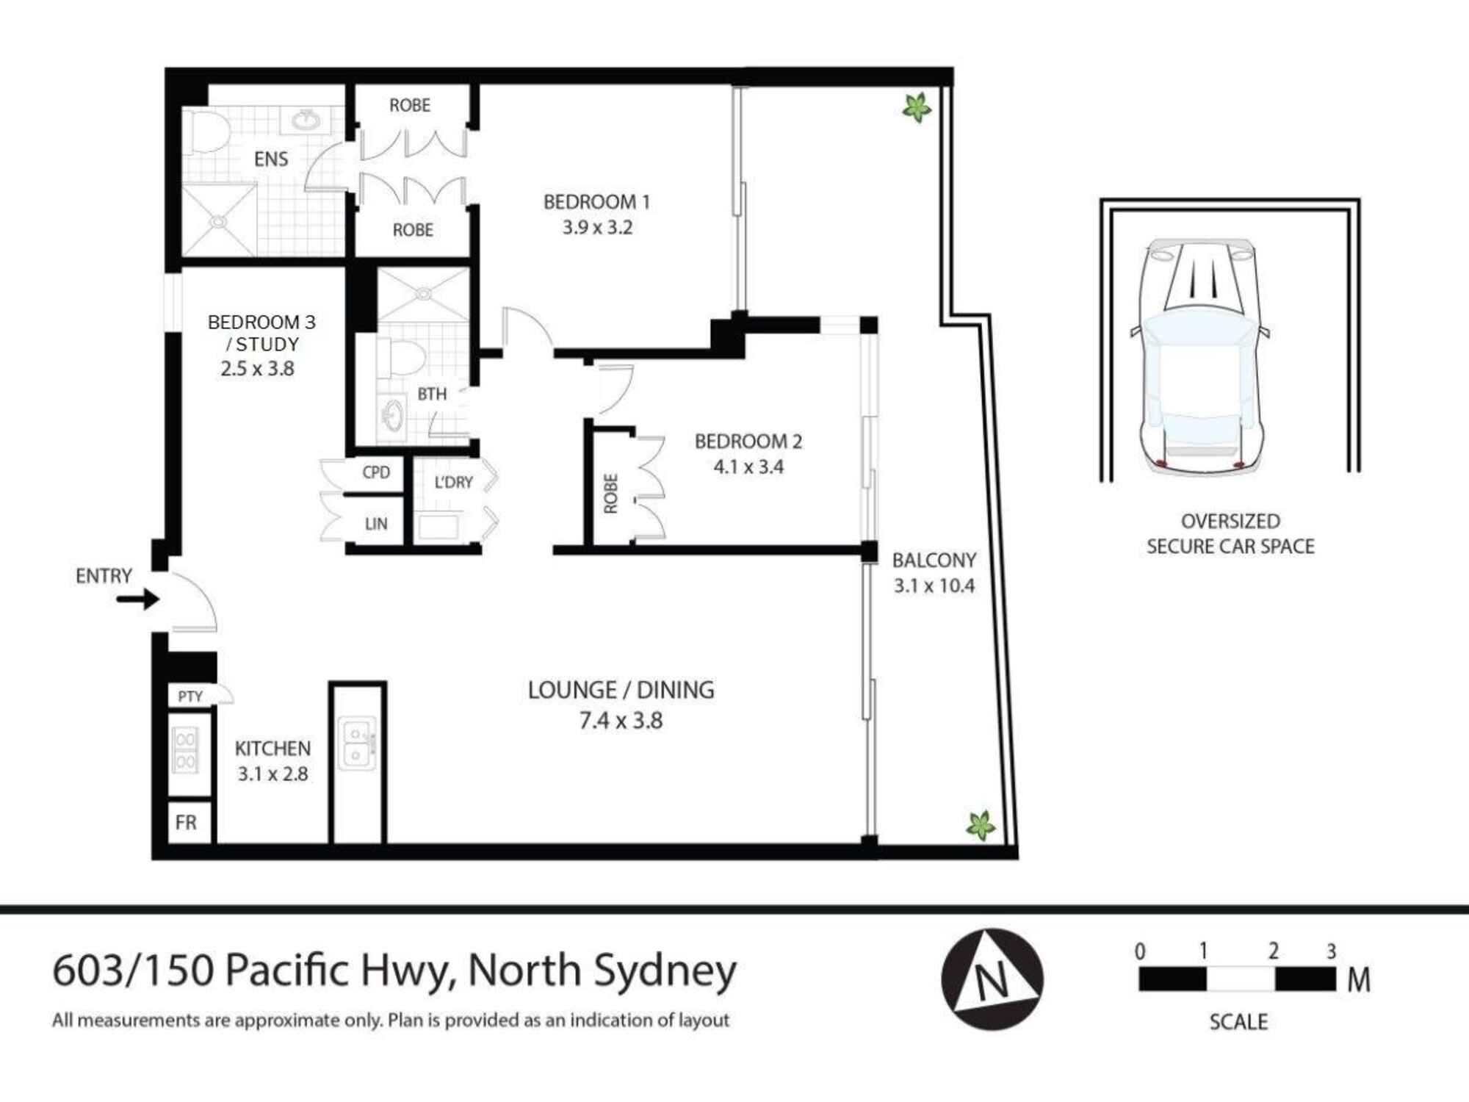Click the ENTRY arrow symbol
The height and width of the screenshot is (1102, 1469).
tap(138, 599)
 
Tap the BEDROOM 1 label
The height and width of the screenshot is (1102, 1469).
tap(596, 202)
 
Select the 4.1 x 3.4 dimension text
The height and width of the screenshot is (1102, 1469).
tap(748, 467)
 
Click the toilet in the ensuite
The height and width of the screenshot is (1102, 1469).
tap(206, 132)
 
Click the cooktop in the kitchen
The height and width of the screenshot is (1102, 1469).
tap(185, 750)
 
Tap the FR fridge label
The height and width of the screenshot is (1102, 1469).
tap(186, 822)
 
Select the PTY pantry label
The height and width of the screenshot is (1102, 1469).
tap(190, 696)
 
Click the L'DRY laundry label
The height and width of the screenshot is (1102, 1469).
tap(453, 483)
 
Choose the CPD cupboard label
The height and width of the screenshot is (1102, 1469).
tap(376, 472)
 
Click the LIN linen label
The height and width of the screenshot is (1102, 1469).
tap(376, 524)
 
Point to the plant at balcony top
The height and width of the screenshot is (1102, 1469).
tap(917, 108)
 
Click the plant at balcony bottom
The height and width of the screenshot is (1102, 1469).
tap(981, 826)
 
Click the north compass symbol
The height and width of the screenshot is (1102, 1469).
tap(992, 979)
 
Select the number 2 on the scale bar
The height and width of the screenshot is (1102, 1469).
tap(1273, 951)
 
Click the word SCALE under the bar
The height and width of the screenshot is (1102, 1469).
tap(1238, 1022)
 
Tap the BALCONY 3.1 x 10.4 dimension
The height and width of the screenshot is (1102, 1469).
tap(934, 586)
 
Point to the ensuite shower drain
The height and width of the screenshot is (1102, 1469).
tap(218, 220)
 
